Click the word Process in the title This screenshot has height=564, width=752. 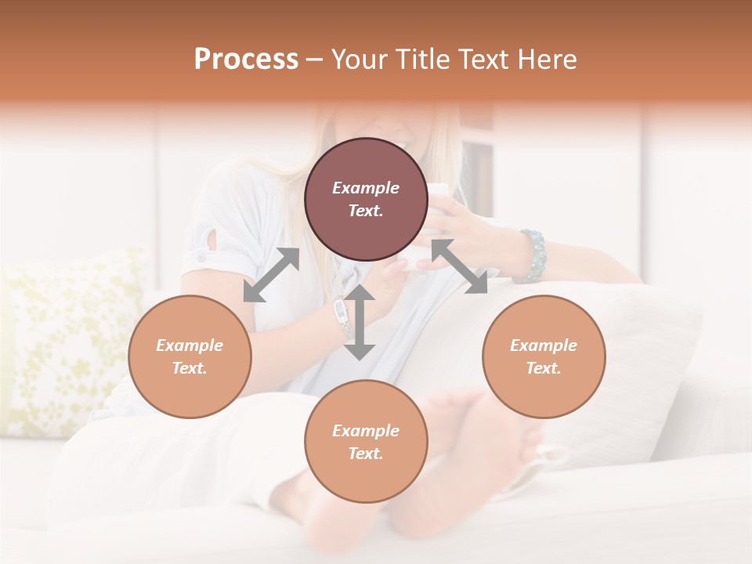click(x=246, y=60)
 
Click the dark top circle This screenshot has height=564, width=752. click(x=366, y=200)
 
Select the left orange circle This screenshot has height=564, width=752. click(x=190, y=356)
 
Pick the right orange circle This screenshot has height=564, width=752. click(x=544, y=356)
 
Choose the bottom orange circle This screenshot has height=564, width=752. click(x=366, y=441)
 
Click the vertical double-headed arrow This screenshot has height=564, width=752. click(x=360, y=322)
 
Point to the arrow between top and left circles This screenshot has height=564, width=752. click(x=271, y=275)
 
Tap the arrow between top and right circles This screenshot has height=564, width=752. click(x=460, y=266)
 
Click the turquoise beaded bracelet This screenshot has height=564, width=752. click(x=534, y=255)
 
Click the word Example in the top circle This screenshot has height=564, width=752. click(x=366, y=188)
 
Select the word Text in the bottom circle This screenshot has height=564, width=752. click(x=366, y=454)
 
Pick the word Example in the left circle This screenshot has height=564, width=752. click(x=190, y=345)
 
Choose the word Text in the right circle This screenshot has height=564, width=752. click(x=544, y=368)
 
